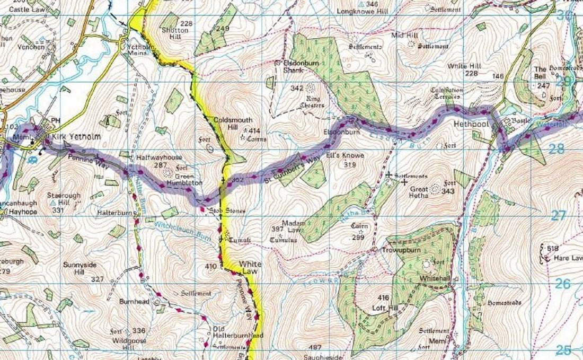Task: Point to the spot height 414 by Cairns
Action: pos(254,130)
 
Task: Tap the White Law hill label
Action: pos(250,267)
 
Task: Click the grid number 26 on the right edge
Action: pos(563,284)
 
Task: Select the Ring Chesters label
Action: pos(314,102)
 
